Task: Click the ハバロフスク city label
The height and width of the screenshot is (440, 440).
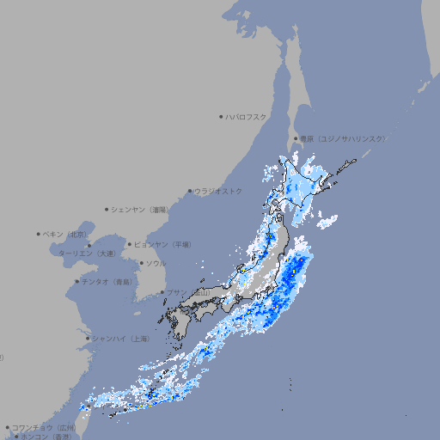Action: coord(247,116)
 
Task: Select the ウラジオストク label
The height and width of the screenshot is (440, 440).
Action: coord(219,191)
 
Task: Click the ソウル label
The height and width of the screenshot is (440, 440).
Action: coord(156,263)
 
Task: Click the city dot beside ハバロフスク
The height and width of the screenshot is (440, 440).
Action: coord(221,116)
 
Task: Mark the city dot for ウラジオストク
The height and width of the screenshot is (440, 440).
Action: coord(190,191)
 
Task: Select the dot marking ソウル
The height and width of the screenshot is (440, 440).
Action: coord(140,263)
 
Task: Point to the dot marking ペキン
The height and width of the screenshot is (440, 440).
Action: coord(39,234)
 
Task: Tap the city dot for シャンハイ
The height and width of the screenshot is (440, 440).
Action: coord(87,339)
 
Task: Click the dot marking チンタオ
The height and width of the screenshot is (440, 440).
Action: coord(76,281)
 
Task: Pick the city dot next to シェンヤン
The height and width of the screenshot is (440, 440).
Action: coord(107,209)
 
